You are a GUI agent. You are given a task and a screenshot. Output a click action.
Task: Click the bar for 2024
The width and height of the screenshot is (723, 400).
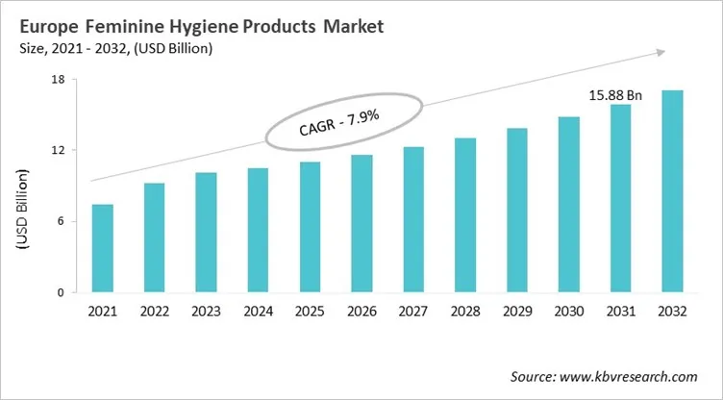pos(258,230)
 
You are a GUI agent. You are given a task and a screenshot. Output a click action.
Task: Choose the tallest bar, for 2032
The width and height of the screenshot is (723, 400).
pos(673,191)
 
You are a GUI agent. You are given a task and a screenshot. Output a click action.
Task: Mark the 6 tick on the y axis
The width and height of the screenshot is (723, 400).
pos(60,221)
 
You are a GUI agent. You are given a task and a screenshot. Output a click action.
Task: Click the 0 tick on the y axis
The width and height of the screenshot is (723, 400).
pos(60,292)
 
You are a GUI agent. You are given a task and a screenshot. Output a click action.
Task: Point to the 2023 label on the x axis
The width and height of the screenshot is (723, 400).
pos(206,312)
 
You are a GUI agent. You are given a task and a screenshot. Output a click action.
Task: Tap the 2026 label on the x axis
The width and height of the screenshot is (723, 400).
pos(361,312)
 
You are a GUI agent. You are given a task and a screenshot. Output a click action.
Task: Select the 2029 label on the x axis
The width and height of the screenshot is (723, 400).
pos(517,312)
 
